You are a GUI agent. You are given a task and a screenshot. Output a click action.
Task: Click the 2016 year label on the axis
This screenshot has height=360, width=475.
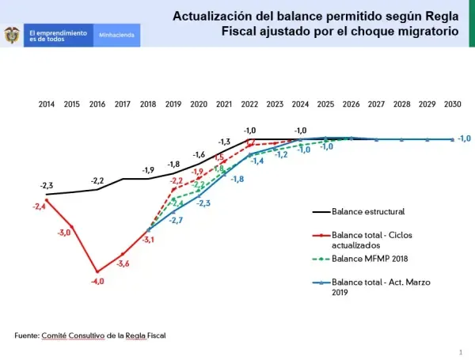97,104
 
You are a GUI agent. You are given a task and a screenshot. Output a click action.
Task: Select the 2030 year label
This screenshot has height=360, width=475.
453,104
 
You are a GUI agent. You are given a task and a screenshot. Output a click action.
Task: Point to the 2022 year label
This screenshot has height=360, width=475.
249,104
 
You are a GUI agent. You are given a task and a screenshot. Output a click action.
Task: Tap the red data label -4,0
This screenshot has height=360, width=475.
97,281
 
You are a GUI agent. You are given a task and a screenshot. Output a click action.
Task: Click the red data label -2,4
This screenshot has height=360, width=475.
39,207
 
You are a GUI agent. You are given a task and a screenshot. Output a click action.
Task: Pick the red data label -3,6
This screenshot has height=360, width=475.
123,263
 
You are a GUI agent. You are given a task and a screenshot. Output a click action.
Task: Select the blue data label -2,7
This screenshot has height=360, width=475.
176,220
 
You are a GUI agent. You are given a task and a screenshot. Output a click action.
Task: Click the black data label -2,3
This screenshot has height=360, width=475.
47,186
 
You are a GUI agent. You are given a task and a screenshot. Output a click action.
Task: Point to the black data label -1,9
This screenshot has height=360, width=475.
148,170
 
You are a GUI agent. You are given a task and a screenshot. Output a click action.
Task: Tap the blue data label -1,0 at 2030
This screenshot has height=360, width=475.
465,138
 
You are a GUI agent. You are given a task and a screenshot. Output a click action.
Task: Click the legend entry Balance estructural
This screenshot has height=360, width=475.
367,212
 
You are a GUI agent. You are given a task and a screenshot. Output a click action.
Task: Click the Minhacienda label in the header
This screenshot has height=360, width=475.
116,36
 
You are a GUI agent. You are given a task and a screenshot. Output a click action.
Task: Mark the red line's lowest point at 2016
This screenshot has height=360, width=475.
97,271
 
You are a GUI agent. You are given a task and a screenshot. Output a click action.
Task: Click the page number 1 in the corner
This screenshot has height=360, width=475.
460,351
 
